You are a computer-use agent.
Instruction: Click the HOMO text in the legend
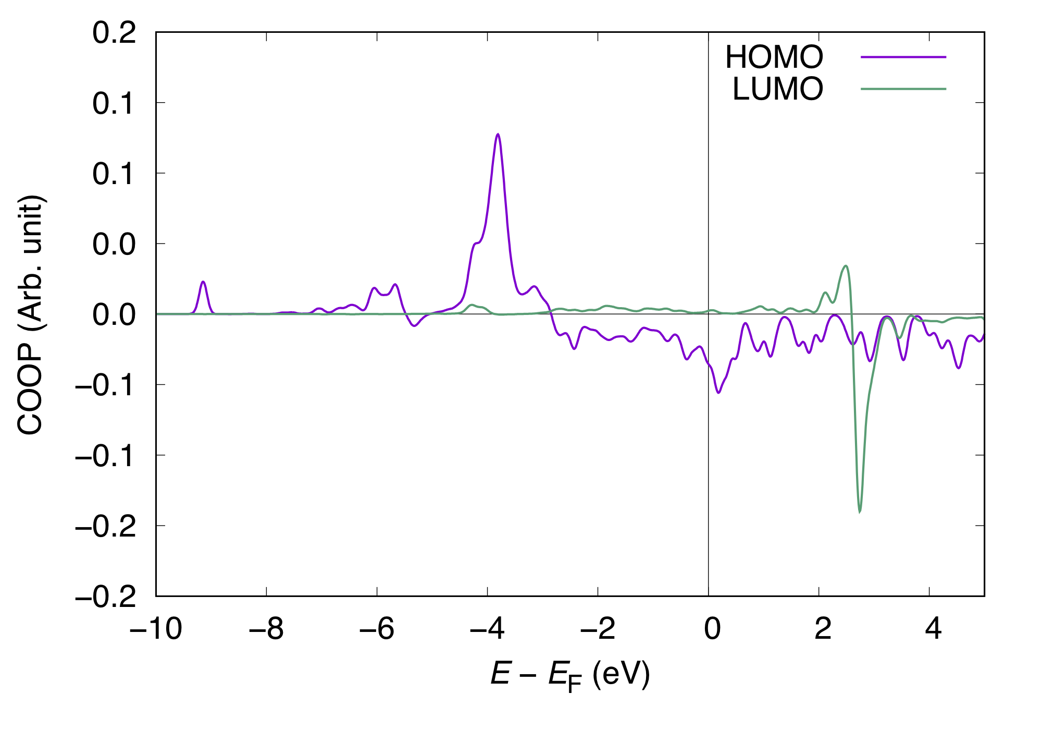tap(774, 57)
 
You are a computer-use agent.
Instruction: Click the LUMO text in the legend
tap(777, 89)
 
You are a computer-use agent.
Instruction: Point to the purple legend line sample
tap(903, 56)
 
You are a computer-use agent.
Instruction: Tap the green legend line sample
tap(903, 89)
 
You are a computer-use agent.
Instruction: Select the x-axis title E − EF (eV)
tap(570, 675)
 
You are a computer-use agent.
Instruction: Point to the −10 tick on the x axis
tap(156, 628)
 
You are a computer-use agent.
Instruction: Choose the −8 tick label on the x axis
tap(266, 628)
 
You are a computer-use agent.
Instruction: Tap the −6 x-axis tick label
tap(377, 628)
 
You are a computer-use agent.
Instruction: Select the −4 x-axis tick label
tap(487, 628)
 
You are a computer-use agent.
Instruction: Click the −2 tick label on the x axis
tap(598, 628)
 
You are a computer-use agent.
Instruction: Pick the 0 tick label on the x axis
tap(712, 628)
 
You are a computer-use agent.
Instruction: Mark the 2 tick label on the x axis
tap(822, 628)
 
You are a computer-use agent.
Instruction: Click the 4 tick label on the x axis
tap(933, 628)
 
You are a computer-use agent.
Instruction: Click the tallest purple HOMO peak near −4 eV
tap(498, 135)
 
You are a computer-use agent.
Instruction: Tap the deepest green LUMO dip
tap(859, 512)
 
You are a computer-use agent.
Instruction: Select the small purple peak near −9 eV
tap(203, 282)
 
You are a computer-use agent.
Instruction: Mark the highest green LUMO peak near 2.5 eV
tap(846, 266)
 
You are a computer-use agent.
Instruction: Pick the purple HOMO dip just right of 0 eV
tap(718, 392)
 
